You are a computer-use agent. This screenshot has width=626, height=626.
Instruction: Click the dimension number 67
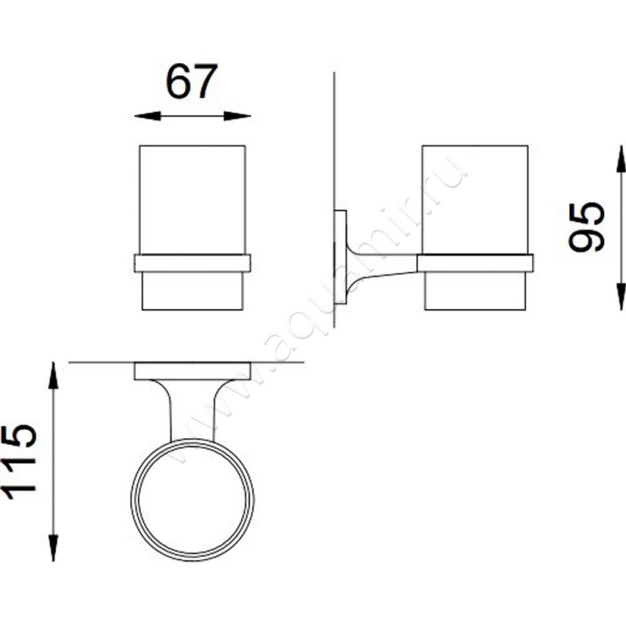click(x=192, y=81)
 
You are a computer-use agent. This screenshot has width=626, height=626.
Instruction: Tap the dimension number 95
click(x=586, y=227)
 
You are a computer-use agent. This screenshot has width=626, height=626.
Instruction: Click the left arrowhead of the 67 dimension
click(x=147, y=116)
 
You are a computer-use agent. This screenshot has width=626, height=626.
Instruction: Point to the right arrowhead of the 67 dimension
click(x=238, y=116)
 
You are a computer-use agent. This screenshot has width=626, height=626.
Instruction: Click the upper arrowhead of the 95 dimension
click(x=621, y=159)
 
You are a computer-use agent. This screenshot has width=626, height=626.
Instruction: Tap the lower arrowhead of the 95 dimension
click(x=621, y=297)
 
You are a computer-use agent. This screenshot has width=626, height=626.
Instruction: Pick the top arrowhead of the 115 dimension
click(x=53, y=376)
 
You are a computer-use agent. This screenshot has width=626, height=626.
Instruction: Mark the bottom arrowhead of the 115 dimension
click(x=53, y=548)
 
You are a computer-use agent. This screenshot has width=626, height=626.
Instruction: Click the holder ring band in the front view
click(x=192, y=263)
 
